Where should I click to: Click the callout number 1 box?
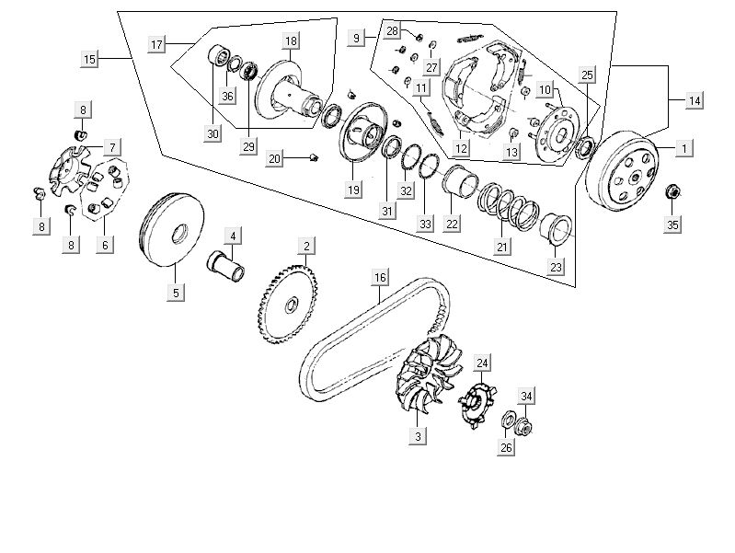point(683,148)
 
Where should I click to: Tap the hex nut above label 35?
point(672,192)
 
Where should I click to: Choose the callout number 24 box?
point(483,362)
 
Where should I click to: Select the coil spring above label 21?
point(509,209)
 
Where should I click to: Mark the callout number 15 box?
point(89,60)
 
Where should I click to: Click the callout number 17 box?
point(156,44)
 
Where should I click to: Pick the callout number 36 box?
point(227,96)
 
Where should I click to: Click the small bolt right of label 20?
point(314,158)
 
